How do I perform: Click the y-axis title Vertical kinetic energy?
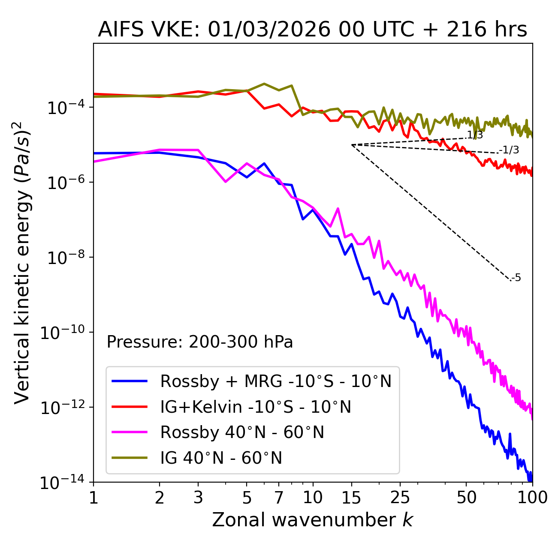(x=22, y=262)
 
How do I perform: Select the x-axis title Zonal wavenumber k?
(x=312, y=520)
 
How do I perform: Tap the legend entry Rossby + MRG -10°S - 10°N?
(x=276, y=381)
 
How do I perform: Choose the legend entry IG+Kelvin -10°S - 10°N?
(x=256, y=407)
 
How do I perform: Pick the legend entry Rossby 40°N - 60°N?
(x=242, y=432)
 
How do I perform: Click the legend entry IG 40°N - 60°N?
(x=221, y=458)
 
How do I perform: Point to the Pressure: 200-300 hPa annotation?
(x=199, y=342)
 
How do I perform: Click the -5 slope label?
(x=516, y=278)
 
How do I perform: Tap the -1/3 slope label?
(x=510, y=150)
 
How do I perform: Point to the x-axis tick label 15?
(x=351, y=498)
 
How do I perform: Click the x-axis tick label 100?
(x=532, y=498)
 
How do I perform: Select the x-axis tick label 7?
(x=279, y=498)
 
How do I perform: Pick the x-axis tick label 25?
(x=400, y=498)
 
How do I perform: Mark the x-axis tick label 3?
(x=198, y=498)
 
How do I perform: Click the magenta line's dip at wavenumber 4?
(x=226, y=182)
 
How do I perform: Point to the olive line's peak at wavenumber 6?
(x=264, y=84)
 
